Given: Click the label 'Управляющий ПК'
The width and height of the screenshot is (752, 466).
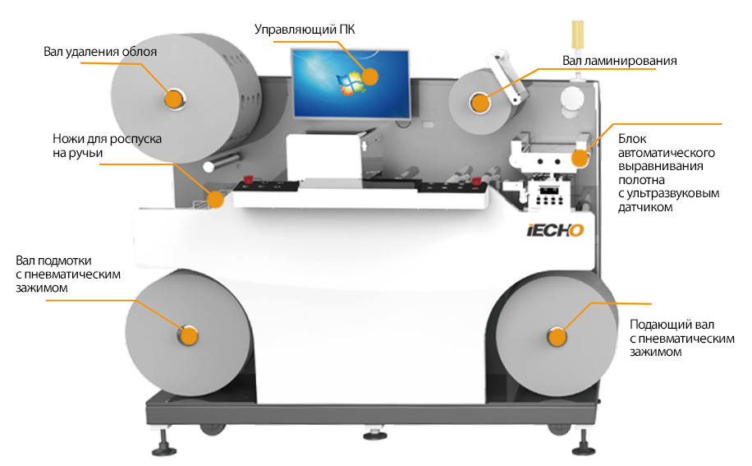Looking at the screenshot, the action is [305, 30].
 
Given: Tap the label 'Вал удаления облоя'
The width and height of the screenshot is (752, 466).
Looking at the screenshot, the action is [100, 52].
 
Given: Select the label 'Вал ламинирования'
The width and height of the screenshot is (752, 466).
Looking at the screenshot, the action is [619, 61].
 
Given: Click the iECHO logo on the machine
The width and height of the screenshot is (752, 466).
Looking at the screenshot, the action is [555, 230].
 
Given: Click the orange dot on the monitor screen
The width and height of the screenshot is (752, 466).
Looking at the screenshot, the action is [369, 76].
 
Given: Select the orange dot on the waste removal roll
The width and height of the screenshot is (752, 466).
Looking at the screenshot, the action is [173, 99].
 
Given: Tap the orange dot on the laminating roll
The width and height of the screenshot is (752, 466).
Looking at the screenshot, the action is [479, 104].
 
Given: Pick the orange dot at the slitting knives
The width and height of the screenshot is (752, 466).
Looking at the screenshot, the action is [216, 199].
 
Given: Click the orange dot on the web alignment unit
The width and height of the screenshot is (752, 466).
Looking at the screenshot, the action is [580, 159].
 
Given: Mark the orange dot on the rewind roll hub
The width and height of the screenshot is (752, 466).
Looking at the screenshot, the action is [189, 336].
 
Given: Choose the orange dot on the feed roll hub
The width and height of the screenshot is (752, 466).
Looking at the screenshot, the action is [557, 338].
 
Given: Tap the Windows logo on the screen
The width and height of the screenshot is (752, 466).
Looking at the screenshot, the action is [351, 83].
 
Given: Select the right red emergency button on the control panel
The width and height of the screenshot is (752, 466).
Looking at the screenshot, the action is [476, 181].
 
